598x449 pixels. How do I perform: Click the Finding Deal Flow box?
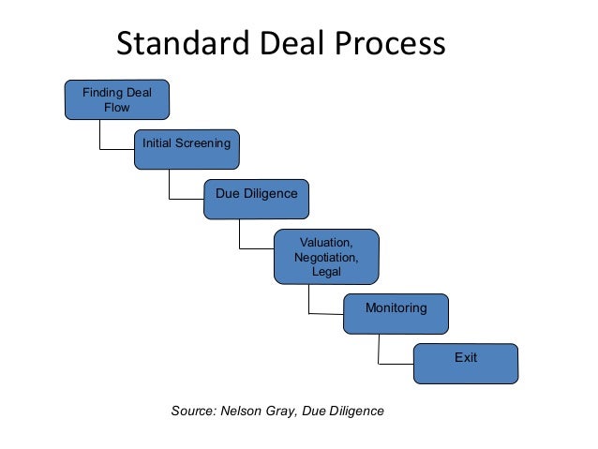pyautogui.click(x=116, y=99)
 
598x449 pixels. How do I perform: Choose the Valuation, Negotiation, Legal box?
pyautogui.click(x=326, y=256)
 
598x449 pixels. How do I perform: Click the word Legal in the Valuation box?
pyautogui.click(x=326, y=272)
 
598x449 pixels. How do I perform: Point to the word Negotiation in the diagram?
pyautogui.click(x=326, y=257)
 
